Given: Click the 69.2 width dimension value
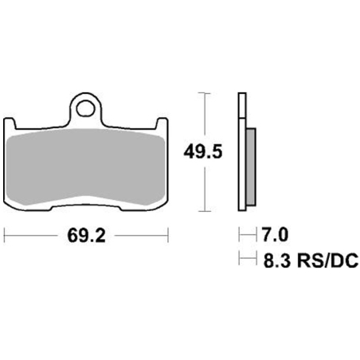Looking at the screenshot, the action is tap(86, 236).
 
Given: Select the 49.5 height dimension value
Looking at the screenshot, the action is tap(203, 152).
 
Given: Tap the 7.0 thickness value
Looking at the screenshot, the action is tap(275, 235).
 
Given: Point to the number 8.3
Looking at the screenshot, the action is tap(277, 260).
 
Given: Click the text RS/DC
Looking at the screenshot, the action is tap(328, 260).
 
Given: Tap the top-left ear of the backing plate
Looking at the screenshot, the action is tap(10, 123).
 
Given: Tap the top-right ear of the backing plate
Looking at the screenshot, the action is tap(162, 123).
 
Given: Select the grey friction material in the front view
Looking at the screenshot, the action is tap(85, 167).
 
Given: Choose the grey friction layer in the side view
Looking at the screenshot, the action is tap(251, 167).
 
